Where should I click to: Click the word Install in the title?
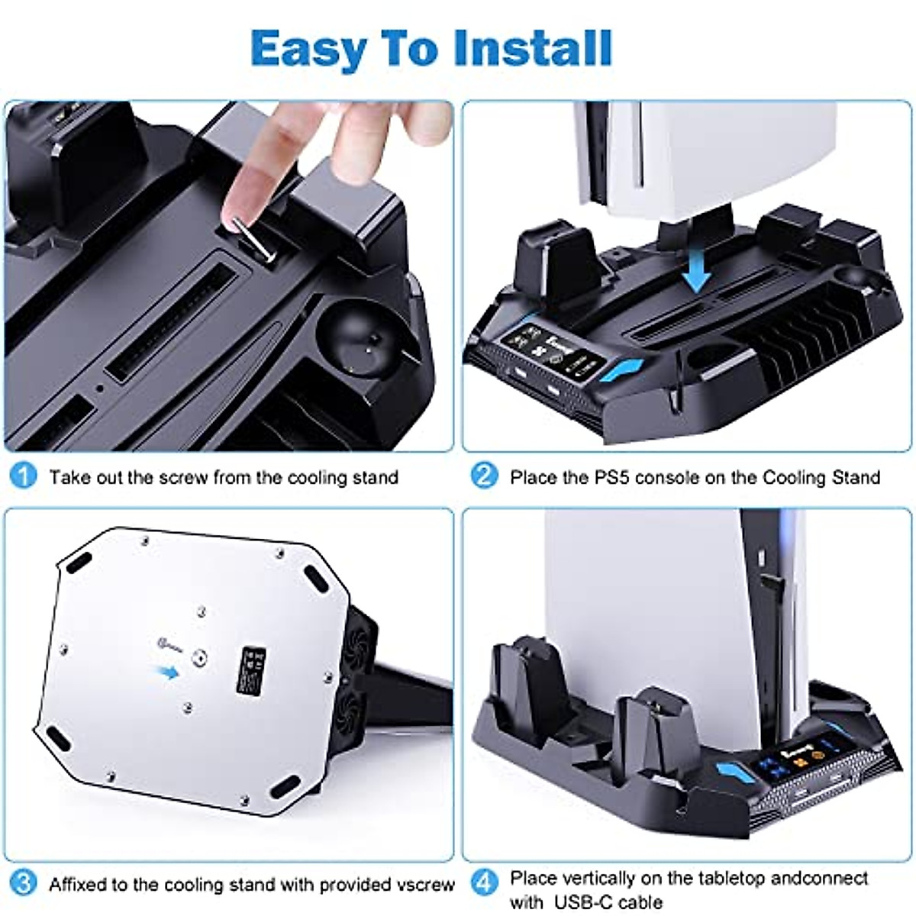[x=532, y=49]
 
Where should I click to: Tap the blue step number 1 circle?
[x=24, y=476]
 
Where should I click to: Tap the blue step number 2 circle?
[x=484, y=476]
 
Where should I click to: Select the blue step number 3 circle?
[x=24, y=884]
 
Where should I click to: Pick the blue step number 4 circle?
[x=484, y=884]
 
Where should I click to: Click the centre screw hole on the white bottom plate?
[x=200, y=656]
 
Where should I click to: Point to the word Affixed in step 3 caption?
[x=78, y=885]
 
